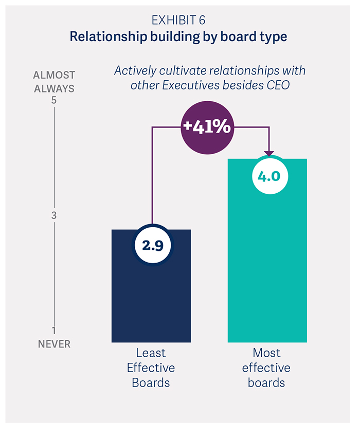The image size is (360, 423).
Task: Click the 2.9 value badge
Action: tap(153, 245)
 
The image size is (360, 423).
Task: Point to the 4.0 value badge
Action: tap(268, 176)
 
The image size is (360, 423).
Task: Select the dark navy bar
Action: tap(151, 298)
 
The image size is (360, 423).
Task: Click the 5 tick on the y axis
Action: tap(53, 101)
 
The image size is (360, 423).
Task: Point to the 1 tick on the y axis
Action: tap(53, 330)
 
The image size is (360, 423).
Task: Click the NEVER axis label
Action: tap(54, 344)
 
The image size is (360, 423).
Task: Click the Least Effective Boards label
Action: tap(151, 368)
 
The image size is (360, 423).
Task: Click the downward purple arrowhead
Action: tap(268, 153)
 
